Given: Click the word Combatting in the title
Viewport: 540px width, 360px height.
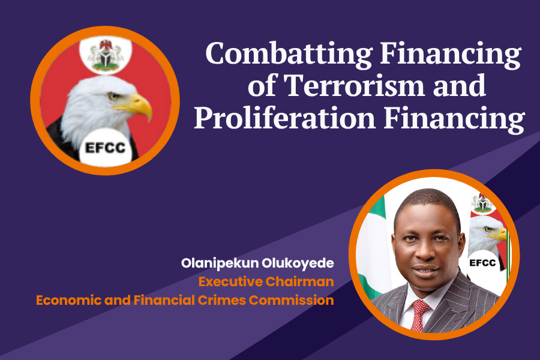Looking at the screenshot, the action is coord(289,53).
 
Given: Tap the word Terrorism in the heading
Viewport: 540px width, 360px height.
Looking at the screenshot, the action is coord(355,85).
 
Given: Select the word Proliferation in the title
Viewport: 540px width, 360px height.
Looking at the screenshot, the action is coord(285,117).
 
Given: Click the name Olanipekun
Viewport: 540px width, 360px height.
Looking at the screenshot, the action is coord(220,263).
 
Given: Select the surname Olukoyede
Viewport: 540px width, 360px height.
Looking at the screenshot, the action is coord(298,263).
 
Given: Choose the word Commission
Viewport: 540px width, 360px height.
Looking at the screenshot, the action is coord(292,301).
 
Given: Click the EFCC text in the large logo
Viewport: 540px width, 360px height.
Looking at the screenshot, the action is coord(105,148).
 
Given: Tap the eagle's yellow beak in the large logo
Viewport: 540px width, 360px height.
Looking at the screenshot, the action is coord(137,105).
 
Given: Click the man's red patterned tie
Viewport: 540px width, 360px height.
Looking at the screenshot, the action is coord(419,314).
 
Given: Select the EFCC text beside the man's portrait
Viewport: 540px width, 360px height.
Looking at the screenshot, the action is coord(482,263).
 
